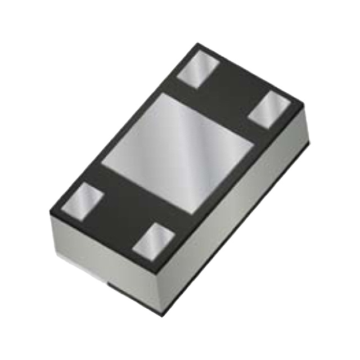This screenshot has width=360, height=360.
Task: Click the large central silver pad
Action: [177, 153]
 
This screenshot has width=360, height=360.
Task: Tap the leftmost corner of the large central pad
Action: [101, 163]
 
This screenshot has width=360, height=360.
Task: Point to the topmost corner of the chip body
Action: [197, 43]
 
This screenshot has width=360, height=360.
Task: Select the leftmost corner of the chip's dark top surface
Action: [50, 213]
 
